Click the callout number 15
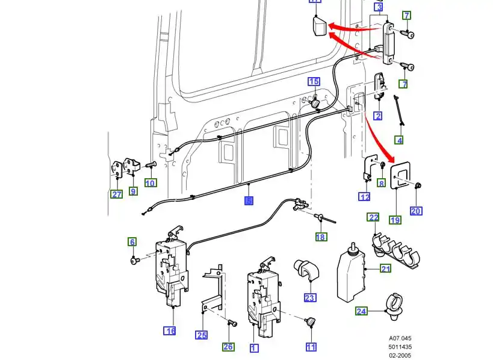314,81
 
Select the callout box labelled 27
116,194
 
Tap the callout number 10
150,183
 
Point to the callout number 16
170,331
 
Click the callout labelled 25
202,335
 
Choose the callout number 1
253,347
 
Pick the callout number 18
321,237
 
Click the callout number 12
365,196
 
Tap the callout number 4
399,140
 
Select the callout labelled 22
374,217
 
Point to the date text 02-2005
400,355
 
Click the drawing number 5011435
400,347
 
